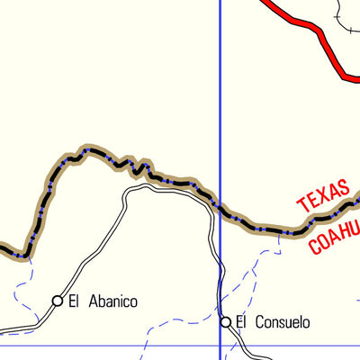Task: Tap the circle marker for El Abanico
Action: tap(58, 301)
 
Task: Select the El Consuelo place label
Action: tap(273, 321)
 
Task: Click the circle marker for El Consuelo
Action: tap(227, 321)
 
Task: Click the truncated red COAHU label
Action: tap(334, 232)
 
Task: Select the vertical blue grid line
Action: tap(220, 108)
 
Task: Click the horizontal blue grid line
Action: tap(108, 345)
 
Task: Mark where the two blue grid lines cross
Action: tap(220, 345)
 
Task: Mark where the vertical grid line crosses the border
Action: tap(220, 211)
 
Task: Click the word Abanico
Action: tap(111, 301)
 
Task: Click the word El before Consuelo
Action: tap(241, 321)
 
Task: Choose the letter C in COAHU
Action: tap(315, 246)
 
